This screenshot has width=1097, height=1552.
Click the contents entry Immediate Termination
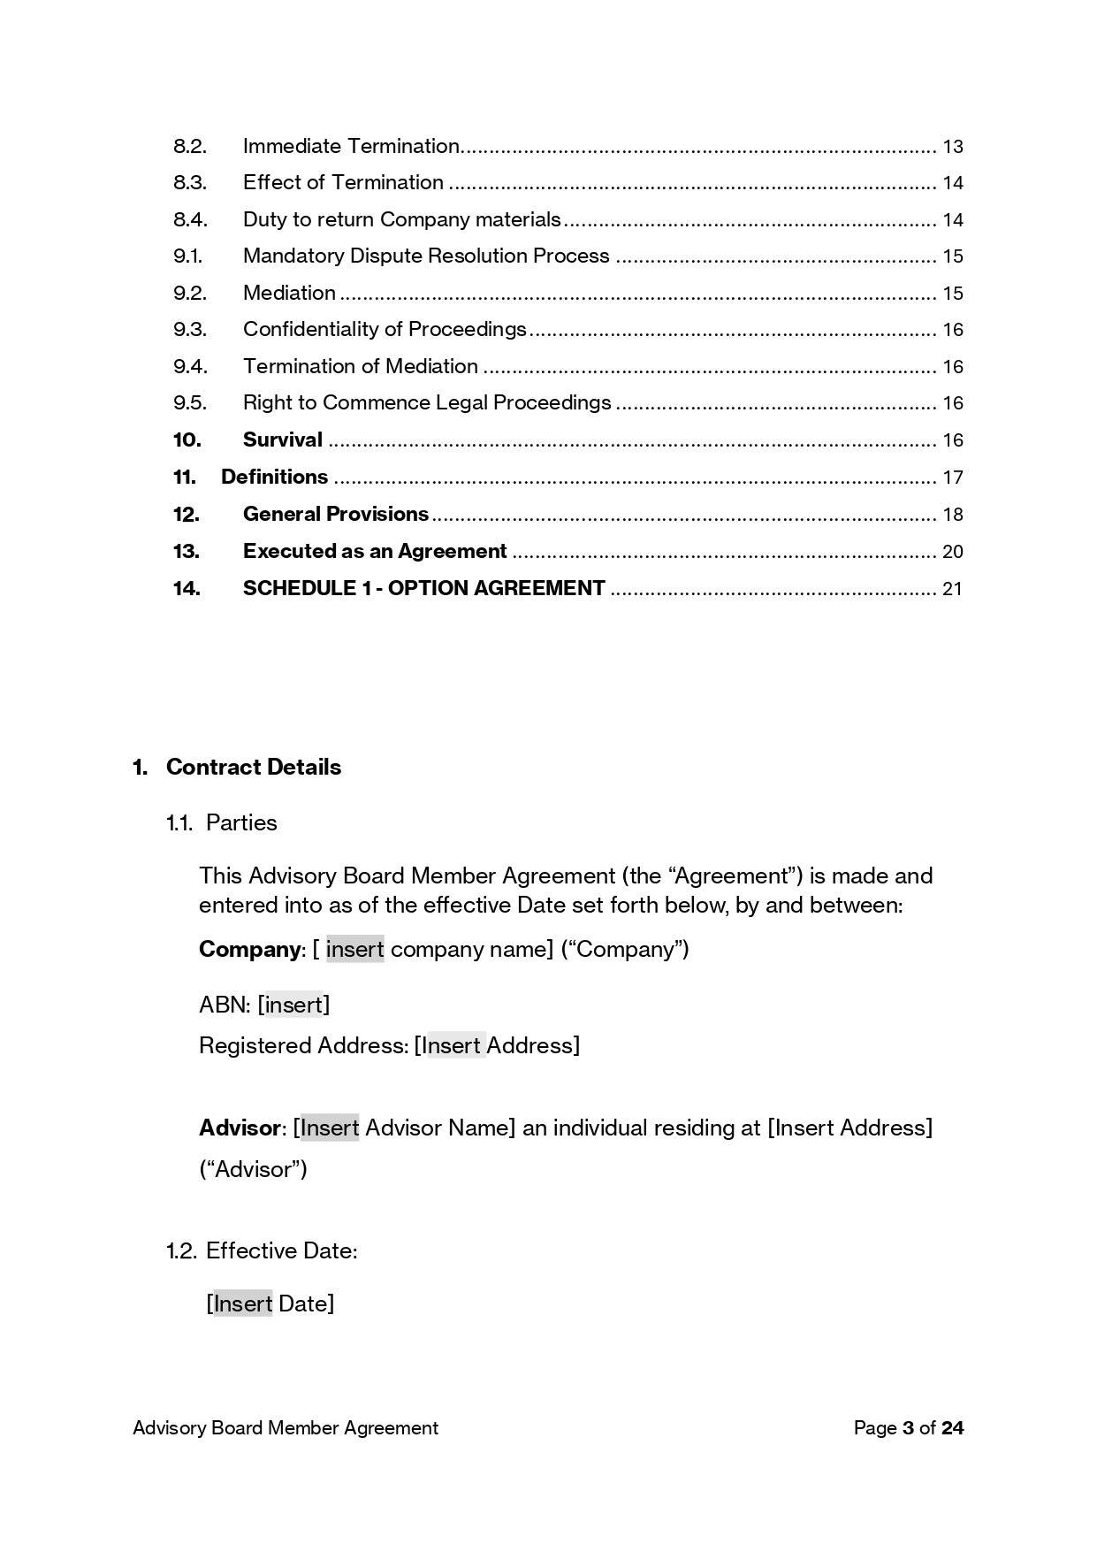(x=351, y=146)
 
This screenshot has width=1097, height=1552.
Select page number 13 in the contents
(x=952, y=147)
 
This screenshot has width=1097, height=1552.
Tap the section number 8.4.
(x=190, y=219)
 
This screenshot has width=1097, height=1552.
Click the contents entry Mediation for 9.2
(x=289, y=293)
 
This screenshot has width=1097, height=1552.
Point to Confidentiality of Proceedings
(x=385, y=329)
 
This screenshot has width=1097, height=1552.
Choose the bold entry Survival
(x=283, y=440)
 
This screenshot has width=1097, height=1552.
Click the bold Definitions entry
(x=274, y=477)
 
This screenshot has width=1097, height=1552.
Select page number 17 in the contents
(x=952, y=478)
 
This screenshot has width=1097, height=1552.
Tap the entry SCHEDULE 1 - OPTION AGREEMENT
(x=423, y=588)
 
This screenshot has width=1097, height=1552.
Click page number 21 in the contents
(x=952, y=589)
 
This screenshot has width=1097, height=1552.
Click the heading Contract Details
(x=253, y=767)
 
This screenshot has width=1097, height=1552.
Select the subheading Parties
(x=241, y=822)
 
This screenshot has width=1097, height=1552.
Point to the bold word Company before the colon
(x=249, y=949)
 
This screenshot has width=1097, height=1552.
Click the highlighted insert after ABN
(x=294, y=1005)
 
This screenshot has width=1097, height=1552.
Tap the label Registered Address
(x=302, y=1045)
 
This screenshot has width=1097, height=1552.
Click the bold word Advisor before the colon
(x=240, y=1128)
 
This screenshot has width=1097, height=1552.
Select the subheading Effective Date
(x=280, y=1250)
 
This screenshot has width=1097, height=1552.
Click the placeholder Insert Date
(x=270, y=1304)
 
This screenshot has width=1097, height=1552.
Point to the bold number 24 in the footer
(x=952, y=1427)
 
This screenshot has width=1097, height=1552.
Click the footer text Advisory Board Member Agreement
(x=285, y=1427)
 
